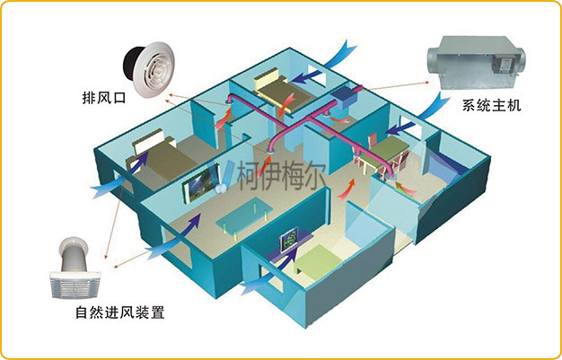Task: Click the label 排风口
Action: pos(104,98)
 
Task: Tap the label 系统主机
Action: pos(491,106)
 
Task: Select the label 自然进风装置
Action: pos(120,312)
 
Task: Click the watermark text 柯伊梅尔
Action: pos(281,175)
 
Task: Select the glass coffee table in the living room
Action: pos(245,216)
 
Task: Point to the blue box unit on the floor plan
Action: pos(343,97)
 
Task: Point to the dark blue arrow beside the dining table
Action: pos(400,128)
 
